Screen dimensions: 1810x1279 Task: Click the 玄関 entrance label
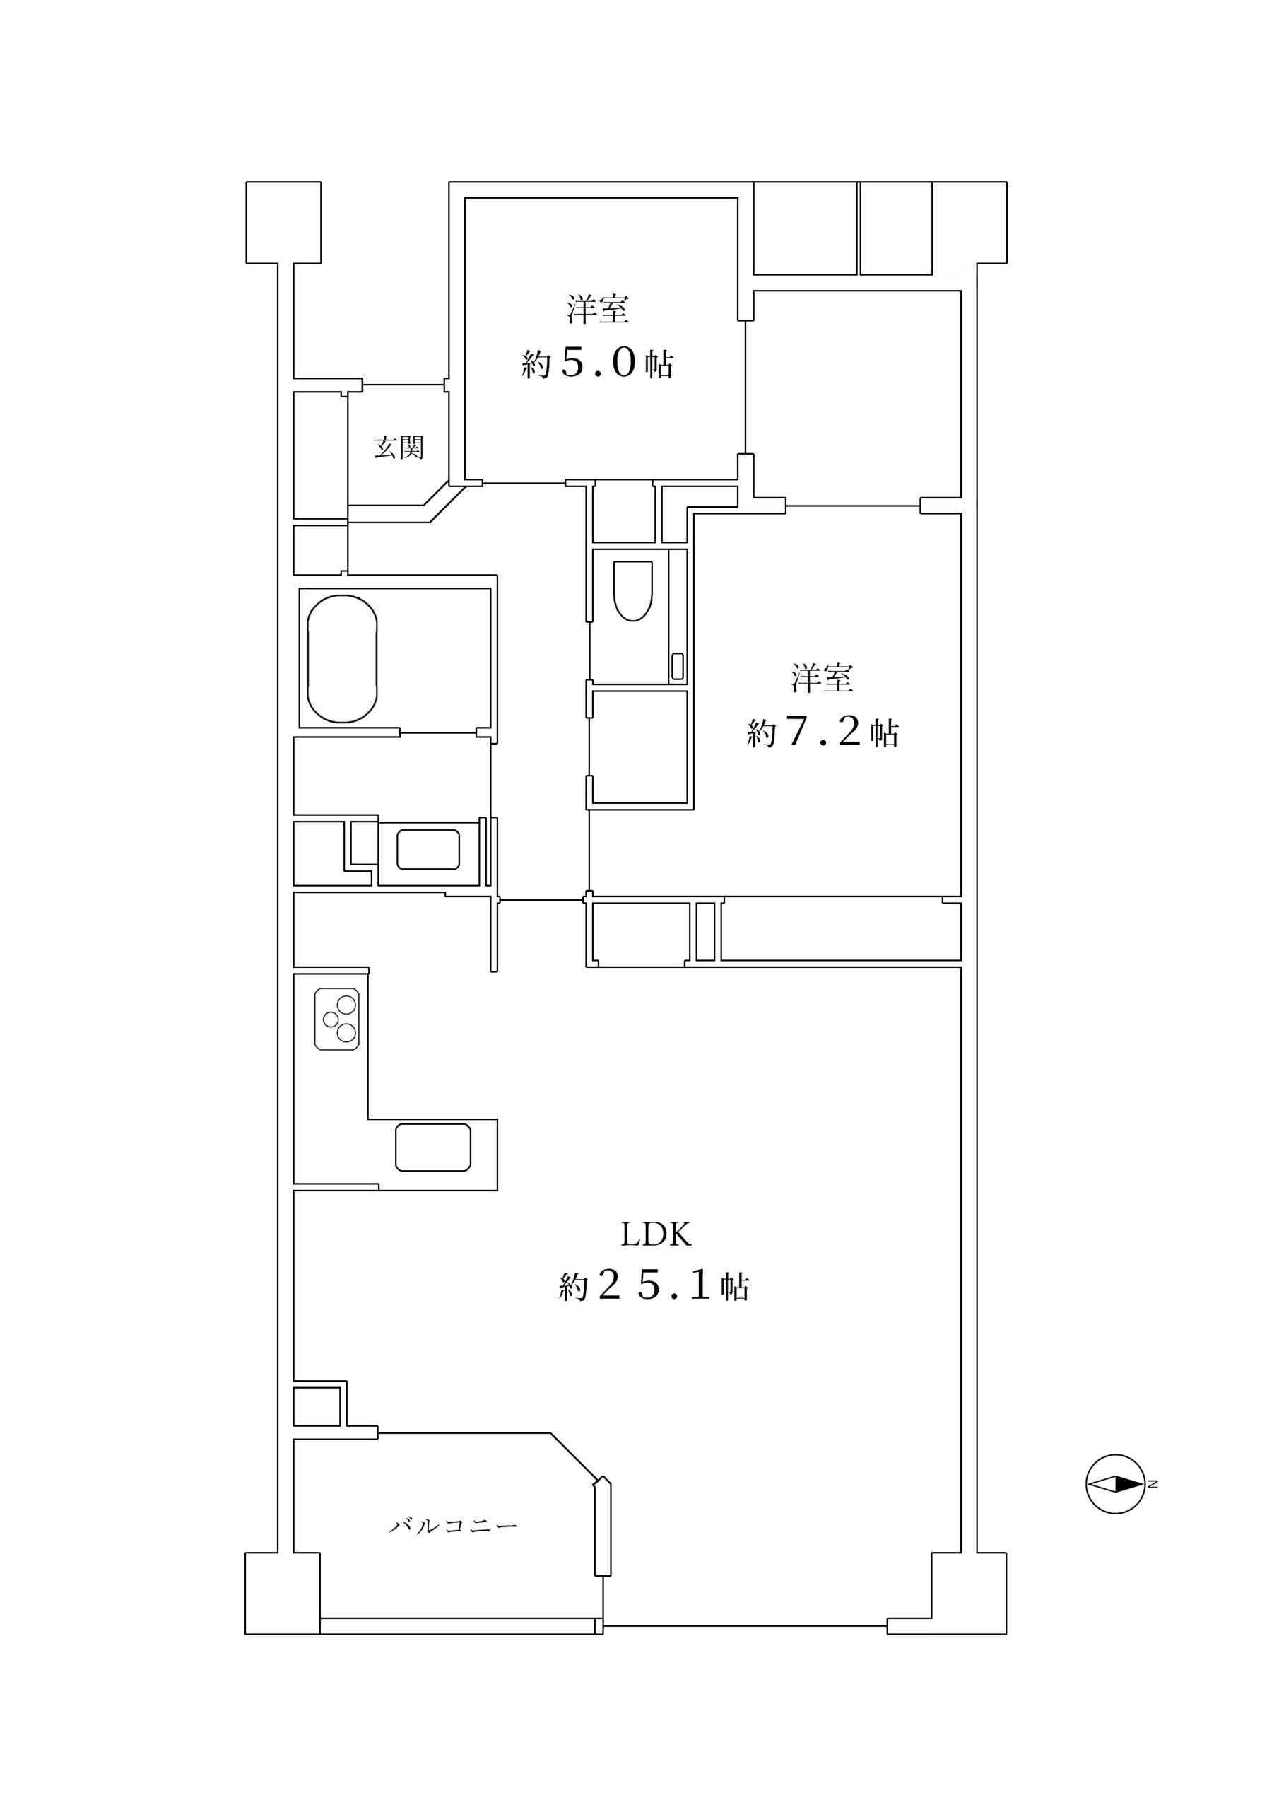click(399, 448)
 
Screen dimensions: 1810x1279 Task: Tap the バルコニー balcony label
click(453, 1526)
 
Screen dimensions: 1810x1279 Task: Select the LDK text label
click(656, 1234)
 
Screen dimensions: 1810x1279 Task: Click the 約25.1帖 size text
click(654, 1288)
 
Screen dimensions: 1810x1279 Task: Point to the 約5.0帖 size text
click(597, 363)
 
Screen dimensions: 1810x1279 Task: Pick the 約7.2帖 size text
click(823, 732)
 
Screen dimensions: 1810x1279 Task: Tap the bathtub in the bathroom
click(342, 659)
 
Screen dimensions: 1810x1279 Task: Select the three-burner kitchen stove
click(336, 1020)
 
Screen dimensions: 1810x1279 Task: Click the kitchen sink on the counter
click(432, 1147)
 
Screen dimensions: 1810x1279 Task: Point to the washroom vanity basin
click(428, 849)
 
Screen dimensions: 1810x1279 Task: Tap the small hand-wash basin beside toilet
click(677, 666)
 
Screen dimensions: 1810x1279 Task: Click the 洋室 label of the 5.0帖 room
click(597, 309)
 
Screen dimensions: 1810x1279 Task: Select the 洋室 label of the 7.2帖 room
click(823, 679)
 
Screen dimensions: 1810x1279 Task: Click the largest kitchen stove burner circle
click(347, 1005)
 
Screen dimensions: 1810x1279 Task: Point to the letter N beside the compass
click(1153, 1485)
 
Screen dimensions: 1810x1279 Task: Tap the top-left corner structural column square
click(283, 222)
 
